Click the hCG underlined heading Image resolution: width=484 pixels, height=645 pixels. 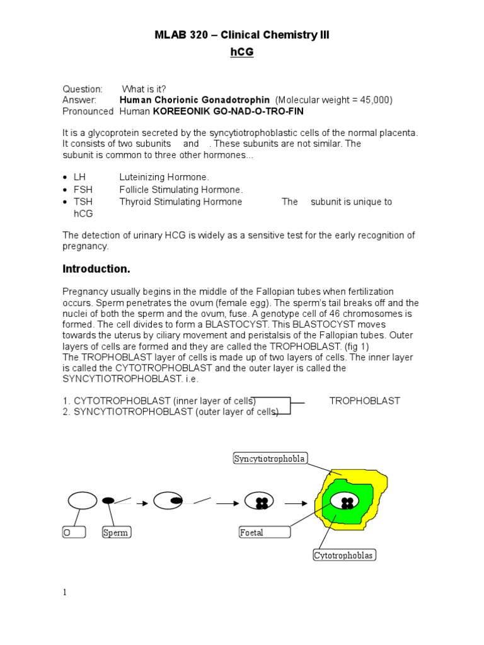click(241, 52)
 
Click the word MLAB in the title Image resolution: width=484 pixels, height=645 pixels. click(170, 35)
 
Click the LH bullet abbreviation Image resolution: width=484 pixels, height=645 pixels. click(79, 178)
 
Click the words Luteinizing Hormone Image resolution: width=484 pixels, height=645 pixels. click(164, 178)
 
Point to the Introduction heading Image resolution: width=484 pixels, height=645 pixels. click(96, 269)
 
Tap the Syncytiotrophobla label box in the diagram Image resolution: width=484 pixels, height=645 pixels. click(270, 459)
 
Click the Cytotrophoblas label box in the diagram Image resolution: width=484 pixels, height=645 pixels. click(343, 555)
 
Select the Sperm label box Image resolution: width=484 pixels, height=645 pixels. click(115, 533)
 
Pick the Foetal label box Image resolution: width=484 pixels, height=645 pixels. click(264, 533)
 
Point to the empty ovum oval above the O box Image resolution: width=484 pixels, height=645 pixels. click(82, 501)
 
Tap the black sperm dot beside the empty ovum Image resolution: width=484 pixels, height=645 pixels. click(108, 500)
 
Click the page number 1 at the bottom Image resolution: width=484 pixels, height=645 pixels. click(64, 593)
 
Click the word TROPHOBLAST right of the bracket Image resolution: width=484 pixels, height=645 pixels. click(364, 401)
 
